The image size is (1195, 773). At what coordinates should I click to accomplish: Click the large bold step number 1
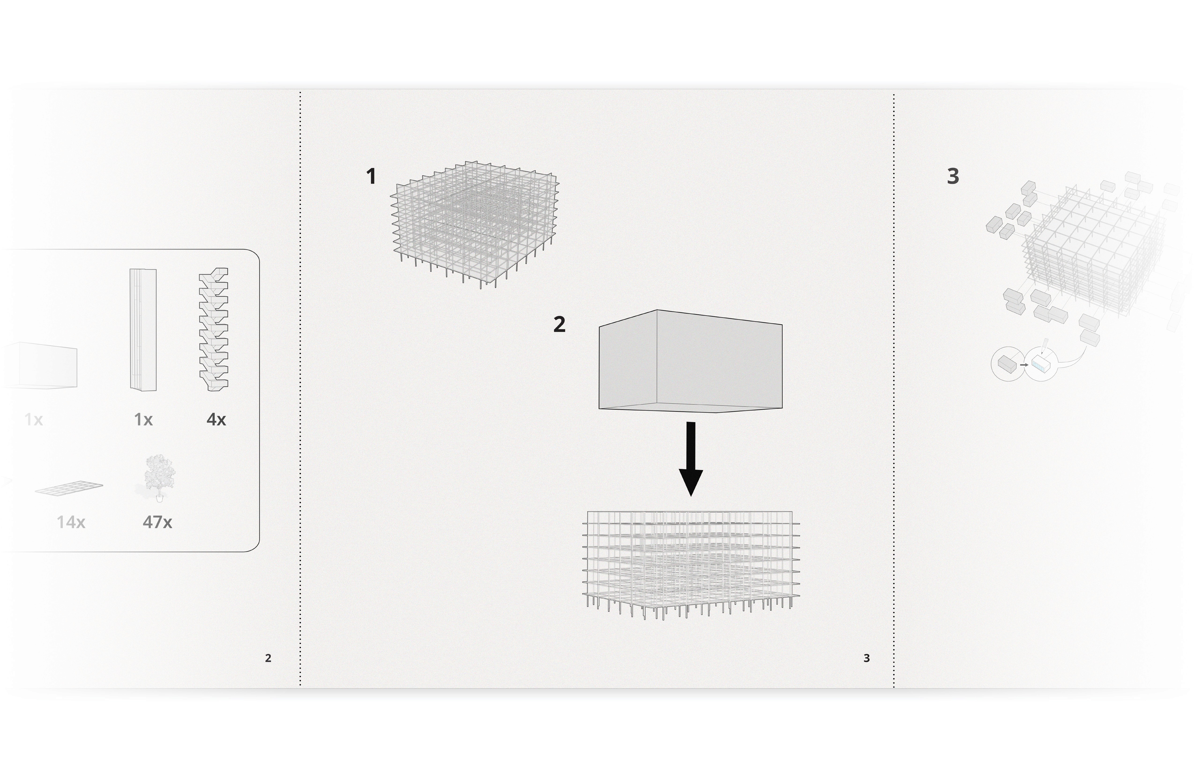(x=371, y=177)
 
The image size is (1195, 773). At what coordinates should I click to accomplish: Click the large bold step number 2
(x=559, y=324)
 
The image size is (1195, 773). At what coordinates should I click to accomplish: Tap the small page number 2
(x=268, y=658)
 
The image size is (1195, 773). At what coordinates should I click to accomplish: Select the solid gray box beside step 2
(x=690, y=360)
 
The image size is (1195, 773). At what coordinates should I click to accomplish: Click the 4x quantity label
(x=217, y=420)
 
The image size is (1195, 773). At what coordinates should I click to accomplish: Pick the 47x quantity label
(x=157, y=523)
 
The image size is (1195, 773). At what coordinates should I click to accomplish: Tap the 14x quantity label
(x=71, y=523)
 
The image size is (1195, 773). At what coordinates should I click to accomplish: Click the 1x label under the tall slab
(x=144, y=420)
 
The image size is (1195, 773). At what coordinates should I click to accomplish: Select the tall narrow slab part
(x=143, y=330)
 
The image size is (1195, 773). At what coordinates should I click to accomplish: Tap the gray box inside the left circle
(x=1007, y=363)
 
